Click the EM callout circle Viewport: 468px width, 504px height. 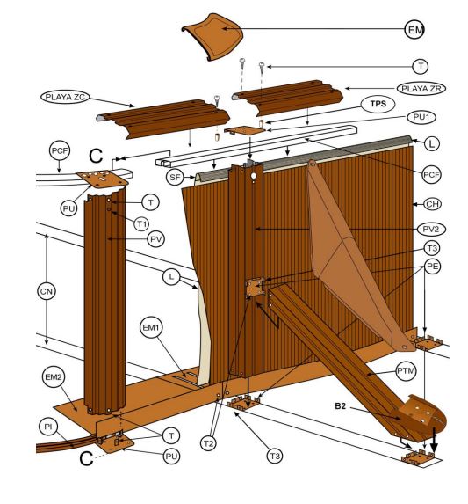pyautogui.click(x=414, y=30)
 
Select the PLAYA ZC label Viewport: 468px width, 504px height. pyautogui.click(x=65, y=97)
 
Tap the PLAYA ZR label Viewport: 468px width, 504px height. pyautogui.click(x=421, y=89)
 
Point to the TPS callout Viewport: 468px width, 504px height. pyautogui.click(x=378, y=104)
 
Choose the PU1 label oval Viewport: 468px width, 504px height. pyautogui.click(x=421, y=117)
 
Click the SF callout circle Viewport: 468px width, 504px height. pyautogui.click(x=175, y=177)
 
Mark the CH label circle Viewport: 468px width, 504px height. pyautogui.click(x=432, y=204)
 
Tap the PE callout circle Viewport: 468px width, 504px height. pyautogui.click(x=432, y=267)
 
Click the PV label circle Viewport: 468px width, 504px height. pyautogui.click(x=156, y=239)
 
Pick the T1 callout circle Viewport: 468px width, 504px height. pyautogui.click(x=141, y=223)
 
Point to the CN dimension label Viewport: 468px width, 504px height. pyautogui.click(x=47, y=291)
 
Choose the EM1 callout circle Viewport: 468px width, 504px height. pyautogui.click(x=151, y=328)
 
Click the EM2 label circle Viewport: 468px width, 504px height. pyautogui.click(x=54, y=377)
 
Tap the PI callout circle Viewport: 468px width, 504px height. pyautogui.click(x=48, y=427)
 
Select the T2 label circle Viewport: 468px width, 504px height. pyautogui.click(x=208, y=443)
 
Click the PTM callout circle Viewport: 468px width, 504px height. pyautogui.click(x=406, y=370)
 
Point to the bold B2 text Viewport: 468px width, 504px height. pyautogui.click(x=341, y=406)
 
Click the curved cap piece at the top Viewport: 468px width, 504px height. pyautogui.click(x=212, y=37)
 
